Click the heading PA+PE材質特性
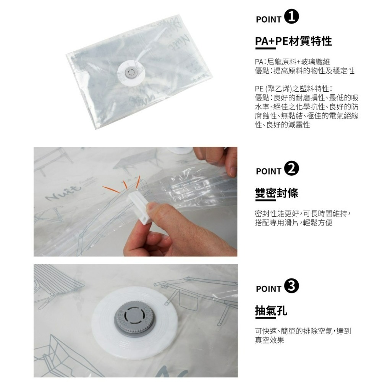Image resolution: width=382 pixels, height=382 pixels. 293,41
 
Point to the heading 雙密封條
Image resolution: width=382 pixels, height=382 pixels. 276,193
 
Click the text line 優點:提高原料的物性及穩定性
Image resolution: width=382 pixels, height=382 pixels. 304,71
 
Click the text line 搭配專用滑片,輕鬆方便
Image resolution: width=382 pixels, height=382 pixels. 293,222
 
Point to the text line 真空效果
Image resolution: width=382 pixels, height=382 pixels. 269,340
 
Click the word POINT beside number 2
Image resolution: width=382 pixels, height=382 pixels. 269,171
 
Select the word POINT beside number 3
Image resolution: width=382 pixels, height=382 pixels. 269,289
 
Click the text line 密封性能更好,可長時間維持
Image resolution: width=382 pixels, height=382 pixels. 302,213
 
